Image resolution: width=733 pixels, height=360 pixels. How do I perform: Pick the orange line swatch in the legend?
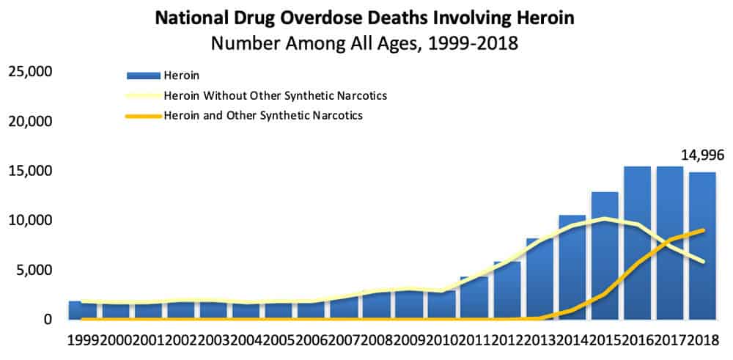coord(144,116)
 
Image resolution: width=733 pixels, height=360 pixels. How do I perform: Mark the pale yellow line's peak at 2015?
coord(605,218)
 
